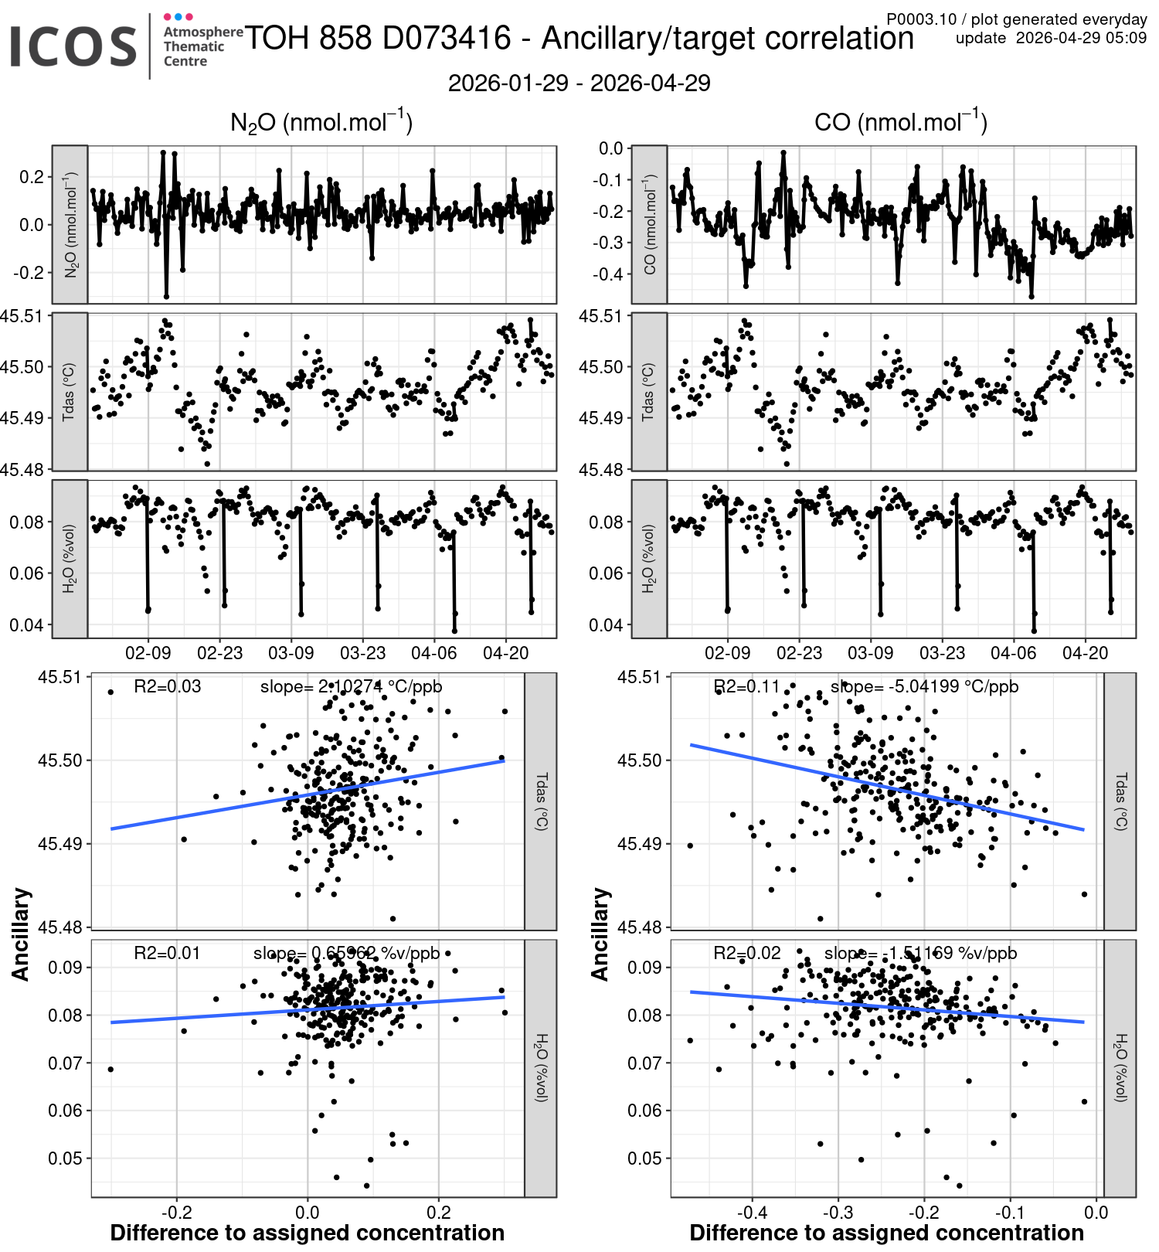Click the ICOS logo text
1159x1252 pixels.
tap(73, 46)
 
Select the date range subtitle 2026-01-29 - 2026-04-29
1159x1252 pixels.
tap(579, 83)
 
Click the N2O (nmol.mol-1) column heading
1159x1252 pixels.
tap(321, 122)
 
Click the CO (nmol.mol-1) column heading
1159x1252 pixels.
tap(901, 122)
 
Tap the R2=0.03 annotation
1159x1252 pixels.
tap(167, 686)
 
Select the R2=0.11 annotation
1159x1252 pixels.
tap(746, 686)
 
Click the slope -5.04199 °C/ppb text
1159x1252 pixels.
tap(924, 686)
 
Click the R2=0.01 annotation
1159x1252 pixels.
tap(167, 953)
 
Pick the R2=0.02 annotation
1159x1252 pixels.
tap(746, 953)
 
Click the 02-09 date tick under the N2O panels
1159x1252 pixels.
tap(148, 653)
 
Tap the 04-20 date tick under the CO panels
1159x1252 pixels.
tap(1085, 653)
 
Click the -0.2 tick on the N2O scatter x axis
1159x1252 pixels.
tap(176, 1212)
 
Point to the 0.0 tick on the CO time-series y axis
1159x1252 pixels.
tap(611, 148)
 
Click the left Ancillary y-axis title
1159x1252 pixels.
tap(21, 934)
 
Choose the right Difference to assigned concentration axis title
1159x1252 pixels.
tap(886, 1233)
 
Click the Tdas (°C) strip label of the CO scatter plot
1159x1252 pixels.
tap(1120, 801)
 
